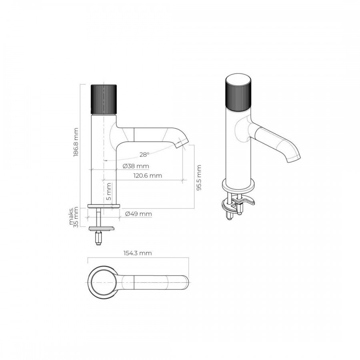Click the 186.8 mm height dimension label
[76, 142]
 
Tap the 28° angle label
[144, 154]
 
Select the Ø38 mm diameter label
[136, 166]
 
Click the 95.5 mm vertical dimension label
[199, 178]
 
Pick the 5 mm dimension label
[108, 192]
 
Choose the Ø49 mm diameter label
[138, 214]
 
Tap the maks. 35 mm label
[74, 217]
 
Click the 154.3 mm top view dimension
[138, 253]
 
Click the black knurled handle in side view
[104, 99]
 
